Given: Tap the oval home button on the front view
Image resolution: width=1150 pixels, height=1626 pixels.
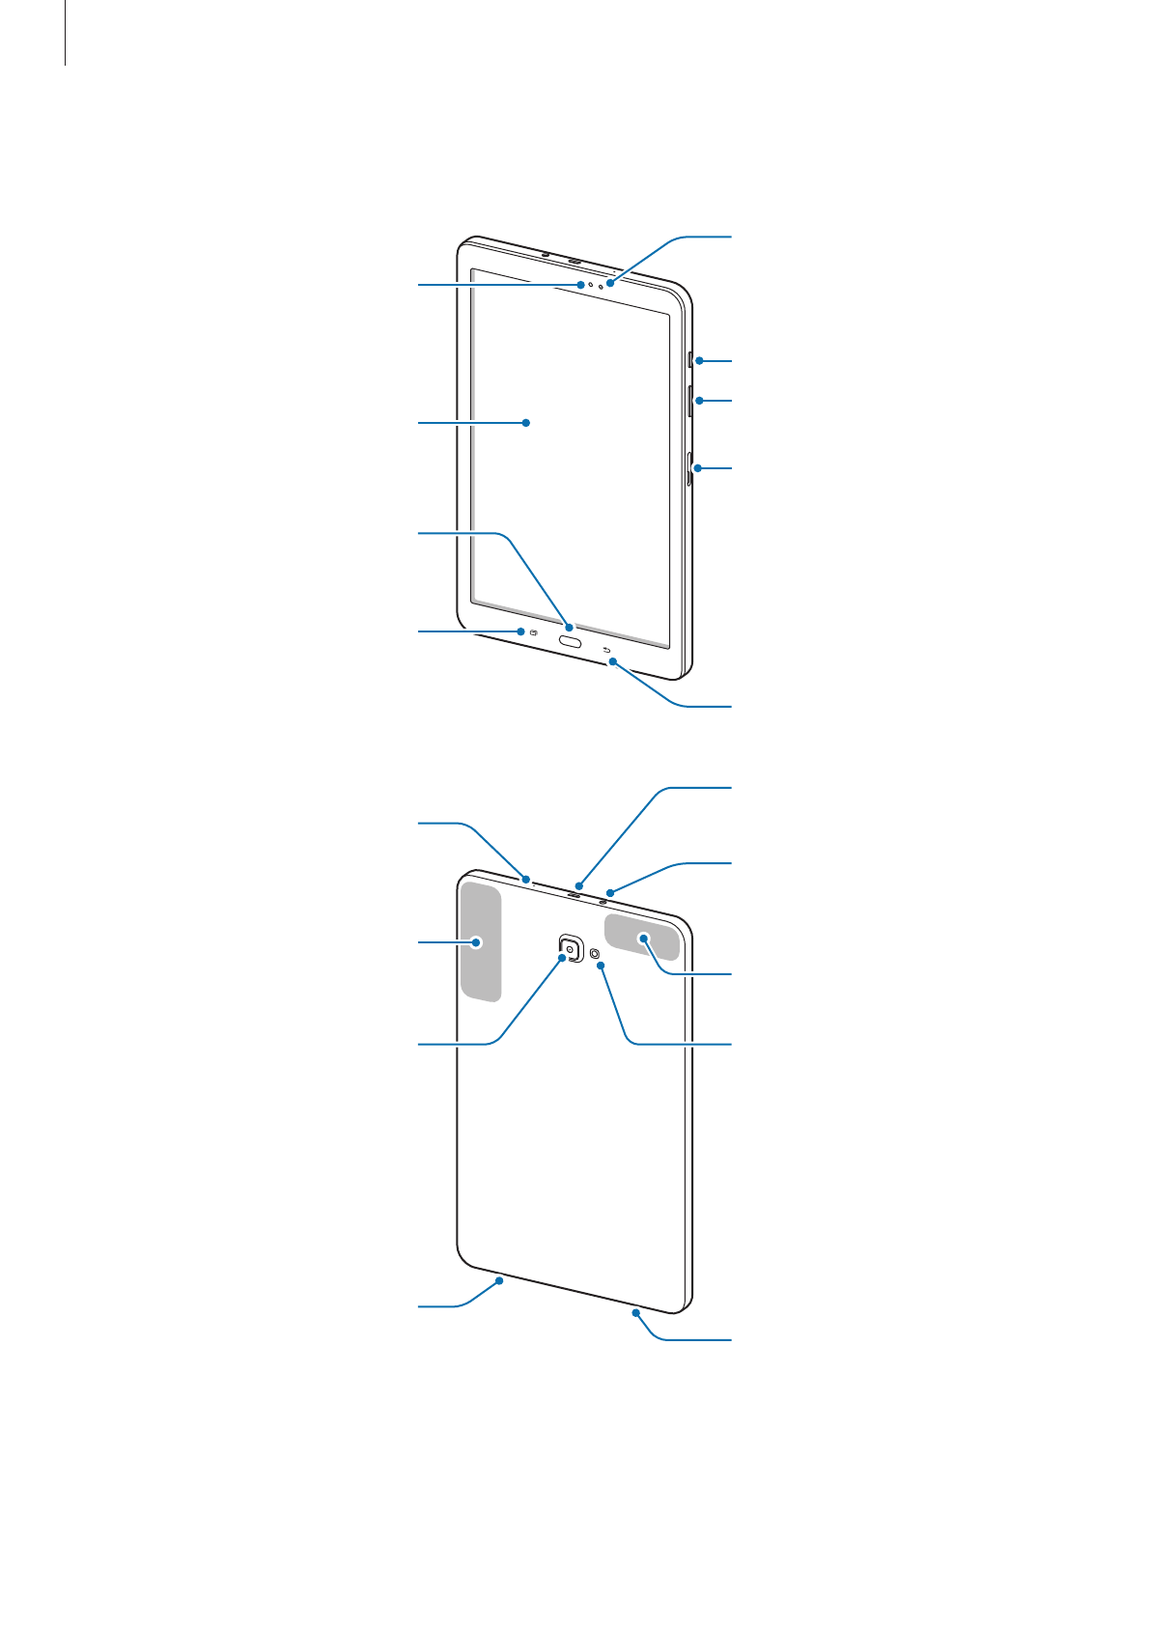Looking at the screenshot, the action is click(570, 640).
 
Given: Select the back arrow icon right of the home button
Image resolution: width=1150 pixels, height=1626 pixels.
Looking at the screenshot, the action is click(606, 650).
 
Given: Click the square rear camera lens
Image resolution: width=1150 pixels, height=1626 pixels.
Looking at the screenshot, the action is click(571, 948).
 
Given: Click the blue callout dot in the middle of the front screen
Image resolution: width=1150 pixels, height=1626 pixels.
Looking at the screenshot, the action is click(526, 422).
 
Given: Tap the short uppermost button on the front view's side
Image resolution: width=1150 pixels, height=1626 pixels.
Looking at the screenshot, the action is click(690, 360).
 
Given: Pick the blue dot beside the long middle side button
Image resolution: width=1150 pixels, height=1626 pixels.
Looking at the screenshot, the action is click(697, 400).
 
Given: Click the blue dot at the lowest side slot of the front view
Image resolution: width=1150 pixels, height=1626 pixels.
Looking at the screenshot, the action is click(697, 468).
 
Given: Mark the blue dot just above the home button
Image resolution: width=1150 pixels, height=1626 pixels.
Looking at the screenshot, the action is click(570, 628).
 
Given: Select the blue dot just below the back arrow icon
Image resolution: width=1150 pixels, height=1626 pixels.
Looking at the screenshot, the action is click(612, 661).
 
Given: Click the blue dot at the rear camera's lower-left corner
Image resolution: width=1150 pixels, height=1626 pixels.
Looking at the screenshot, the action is click(562, 959).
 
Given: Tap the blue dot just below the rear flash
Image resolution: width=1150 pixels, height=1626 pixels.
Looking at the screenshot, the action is click(601, 966).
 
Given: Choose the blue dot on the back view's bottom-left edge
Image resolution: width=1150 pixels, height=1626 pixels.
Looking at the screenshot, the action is click(499, 1280).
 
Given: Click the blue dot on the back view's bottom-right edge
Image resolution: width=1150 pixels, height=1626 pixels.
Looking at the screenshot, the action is click(638, 1313).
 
